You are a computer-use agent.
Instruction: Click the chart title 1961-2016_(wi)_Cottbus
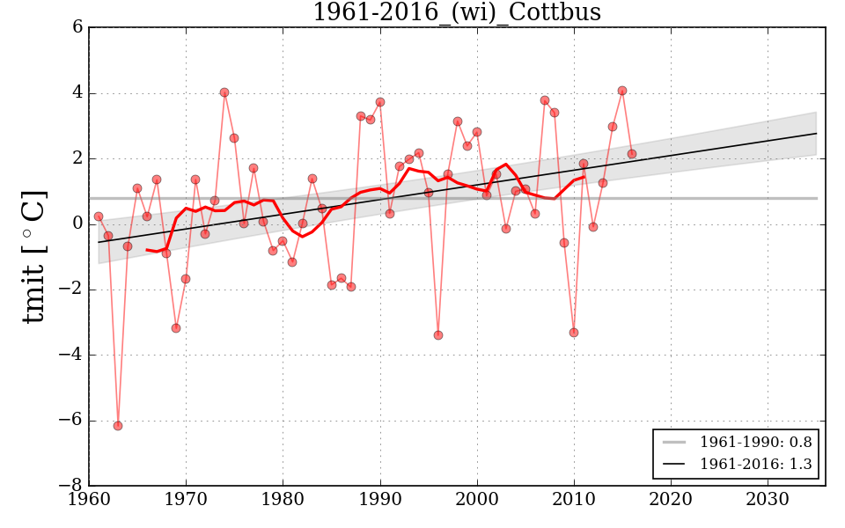point(457,12)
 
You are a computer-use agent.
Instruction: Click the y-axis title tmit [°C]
point(33,256)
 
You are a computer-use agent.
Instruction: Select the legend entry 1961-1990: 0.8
point(755,441)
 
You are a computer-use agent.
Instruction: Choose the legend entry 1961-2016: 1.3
point(755,464)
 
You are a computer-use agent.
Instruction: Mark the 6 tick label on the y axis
point(77,27)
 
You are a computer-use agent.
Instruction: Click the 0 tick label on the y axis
point(77,224)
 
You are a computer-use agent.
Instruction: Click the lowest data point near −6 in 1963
point(118,426)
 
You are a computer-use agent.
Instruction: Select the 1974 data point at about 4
point(224,92)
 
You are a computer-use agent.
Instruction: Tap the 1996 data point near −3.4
point(438,335)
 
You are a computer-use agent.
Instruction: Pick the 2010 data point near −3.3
point(574,333)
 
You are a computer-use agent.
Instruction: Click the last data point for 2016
point(632,154)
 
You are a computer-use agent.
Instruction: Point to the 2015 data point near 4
point(622,91)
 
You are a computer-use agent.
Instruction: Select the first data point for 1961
point(99,216)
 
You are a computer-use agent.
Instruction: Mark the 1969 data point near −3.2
point(176,328)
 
